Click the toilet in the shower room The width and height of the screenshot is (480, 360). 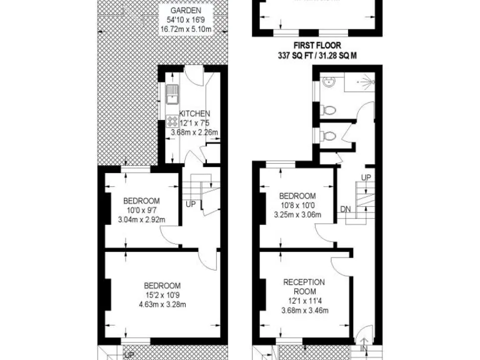click(x=326, y=110)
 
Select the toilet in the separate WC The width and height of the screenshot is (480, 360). click(x=326, y=135)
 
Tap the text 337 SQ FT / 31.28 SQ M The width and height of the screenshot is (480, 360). click(x=321, y=56)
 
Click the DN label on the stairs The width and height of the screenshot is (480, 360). click(x=346, y=209)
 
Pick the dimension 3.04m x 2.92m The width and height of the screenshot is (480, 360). click(x=141, y=219)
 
